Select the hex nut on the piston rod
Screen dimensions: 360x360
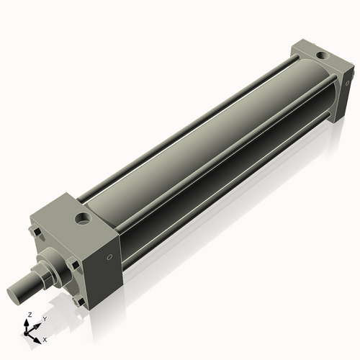(45, 273)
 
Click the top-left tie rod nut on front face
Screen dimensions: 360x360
(35, 233)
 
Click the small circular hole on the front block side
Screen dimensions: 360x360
(109, 257)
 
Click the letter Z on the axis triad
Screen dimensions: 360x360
(29, 315)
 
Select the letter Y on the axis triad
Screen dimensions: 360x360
(44, 318)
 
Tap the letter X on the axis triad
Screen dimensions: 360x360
(45, 338)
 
